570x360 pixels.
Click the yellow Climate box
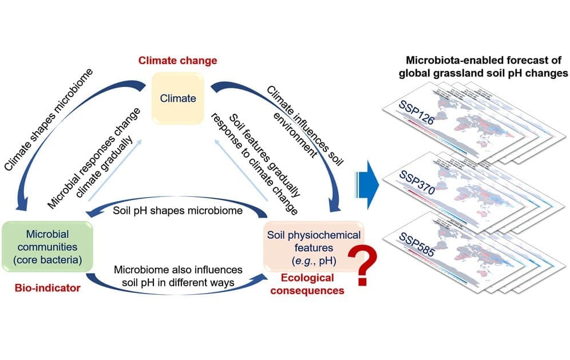click(x=177, y=98)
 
